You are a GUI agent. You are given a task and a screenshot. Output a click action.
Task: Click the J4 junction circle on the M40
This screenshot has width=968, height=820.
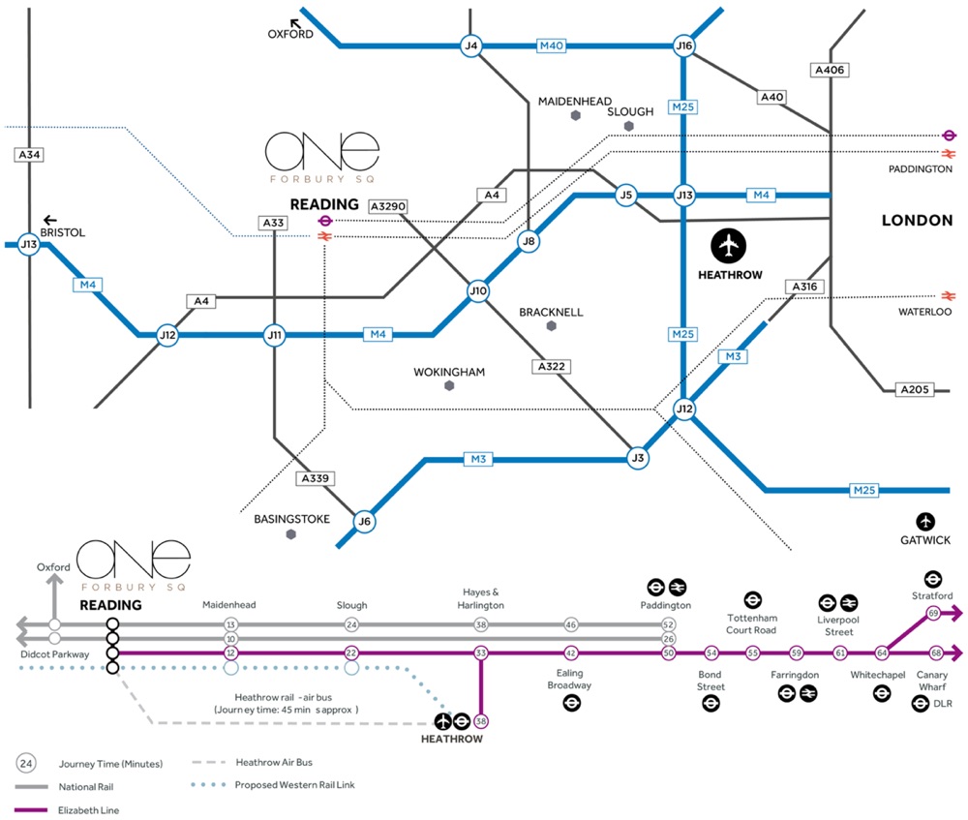[x=471, y=46]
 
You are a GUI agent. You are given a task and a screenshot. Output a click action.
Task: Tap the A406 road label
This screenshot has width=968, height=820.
[x=830, y=70]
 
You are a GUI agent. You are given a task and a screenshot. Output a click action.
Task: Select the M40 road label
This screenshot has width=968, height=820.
[x=551, y=46]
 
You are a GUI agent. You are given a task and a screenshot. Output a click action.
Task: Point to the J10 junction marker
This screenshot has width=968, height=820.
[x=478, y=290]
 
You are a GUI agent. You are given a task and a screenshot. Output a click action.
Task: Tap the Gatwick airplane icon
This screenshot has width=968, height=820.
[x=926, y=521]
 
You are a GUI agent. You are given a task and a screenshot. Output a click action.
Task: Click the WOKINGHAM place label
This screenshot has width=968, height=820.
[x=449, y=372]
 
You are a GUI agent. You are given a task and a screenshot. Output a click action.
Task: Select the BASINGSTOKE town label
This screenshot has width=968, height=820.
[x=292, y=519]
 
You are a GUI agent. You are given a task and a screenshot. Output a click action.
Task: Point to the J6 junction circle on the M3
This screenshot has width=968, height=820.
[x=364, y=522]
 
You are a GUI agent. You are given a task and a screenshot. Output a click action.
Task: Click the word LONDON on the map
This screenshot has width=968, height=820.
[x=917, y=221]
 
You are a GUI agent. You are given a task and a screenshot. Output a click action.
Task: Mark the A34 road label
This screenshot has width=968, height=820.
[x=30, y=154]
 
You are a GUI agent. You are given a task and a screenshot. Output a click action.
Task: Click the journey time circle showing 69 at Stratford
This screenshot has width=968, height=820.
[x=933, y=613]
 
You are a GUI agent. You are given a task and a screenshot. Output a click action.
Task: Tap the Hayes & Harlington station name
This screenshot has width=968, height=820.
[x=481, y=598]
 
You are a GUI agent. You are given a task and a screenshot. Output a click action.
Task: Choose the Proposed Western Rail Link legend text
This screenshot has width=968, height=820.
[x=295, y=784]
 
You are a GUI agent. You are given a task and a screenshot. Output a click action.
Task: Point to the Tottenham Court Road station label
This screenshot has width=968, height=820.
[x=752, y=623]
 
